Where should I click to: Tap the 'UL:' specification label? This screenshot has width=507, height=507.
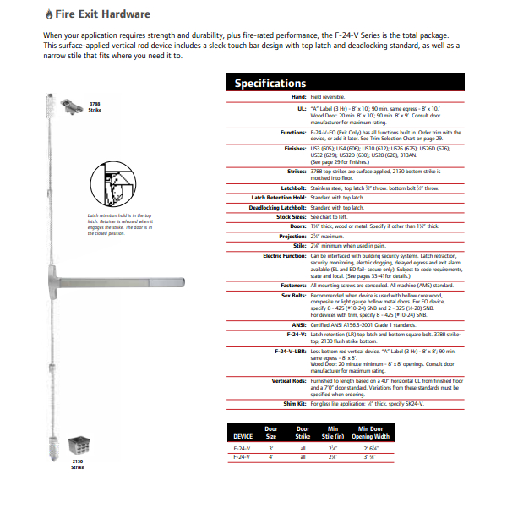tap(301, 109)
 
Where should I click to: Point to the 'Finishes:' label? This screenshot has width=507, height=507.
tap(292, 148)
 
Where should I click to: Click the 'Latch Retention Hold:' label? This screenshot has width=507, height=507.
tap(275, 196)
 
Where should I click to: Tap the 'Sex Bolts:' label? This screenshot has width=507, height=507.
tap(290, 296)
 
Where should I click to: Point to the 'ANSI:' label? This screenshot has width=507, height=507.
tap(297, 325)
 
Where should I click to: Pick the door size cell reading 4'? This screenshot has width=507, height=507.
tap(271, 455)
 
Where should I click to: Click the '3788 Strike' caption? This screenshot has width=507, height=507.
tap(95, 107)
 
